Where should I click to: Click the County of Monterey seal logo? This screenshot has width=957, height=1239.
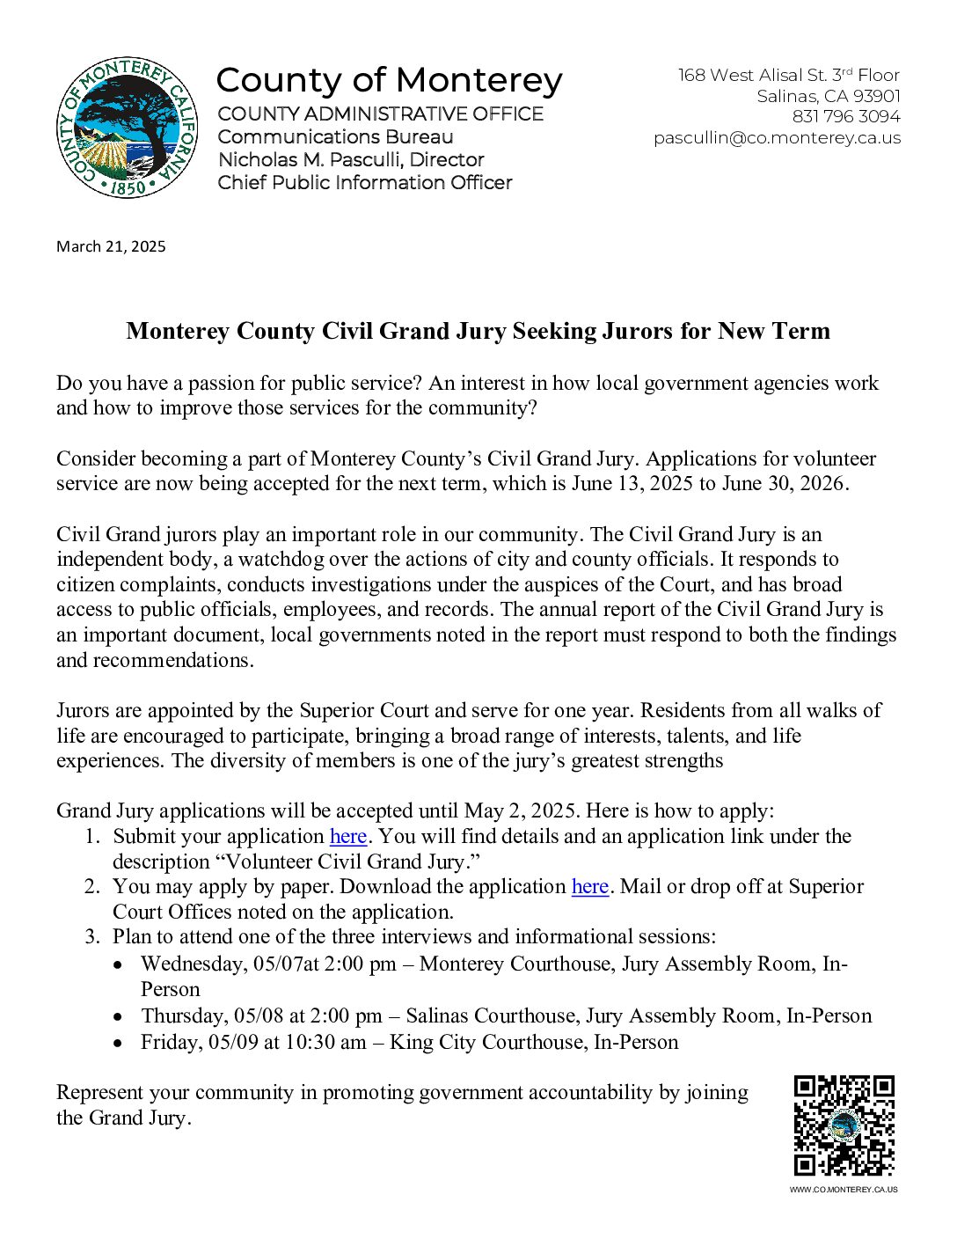pyautogui.click(x=127, y=128)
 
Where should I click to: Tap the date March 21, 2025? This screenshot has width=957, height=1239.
pyautogui.click(x=111, y=246)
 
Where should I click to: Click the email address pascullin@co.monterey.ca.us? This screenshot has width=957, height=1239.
pyautogui.click(x=777, y=138)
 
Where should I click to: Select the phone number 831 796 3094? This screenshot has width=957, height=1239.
pyautogui.click(x=846, y=116)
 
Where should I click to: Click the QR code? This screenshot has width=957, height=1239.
pyautogui.click(x=844, y=1125)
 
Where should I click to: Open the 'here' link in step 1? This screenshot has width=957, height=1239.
pyautogui.click(x=347, y=836)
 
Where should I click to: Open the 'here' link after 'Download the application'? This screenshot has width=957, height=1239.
pyautogui.click(x=589, y=886)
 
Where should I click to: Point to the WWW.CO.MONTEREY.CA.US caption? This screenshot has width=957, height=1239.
pyautogui.click(x=844, y=1190)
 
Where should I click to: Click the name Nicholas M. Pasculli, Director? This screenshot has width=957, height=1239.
pyautogui.click(x=351, y=160)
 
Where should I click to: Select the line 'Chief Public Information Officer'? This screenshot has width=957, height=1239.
pyautogui.click(x=365, y=183)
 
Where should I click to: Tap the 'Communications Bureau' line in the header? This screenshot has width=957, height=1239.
pyautogui.click(x=335, y=137)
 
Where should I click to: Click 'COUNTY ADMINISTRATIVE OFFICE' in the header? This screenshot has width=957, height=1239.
pyautogui.click(x=380, y=114)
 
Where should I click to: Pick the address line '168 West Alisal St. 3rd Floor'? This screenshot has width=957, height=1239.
pyautogui.click(x=788, y=76)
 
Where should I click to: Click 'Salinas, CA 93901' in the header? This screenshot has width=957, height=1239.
pyautogui.click(x=829, y=96)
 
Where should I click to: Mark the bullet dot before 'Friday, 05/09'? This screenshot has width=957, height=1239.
pyautogui.click(x=118, y=1043)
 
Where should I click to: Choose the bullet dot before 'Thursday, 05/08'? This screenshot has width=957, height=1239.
pyautogui.click(x=118, y=1016)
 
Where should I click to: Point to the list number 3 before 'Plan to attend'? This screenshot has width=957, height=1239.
pyautogui.click(x=91, y=936)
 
